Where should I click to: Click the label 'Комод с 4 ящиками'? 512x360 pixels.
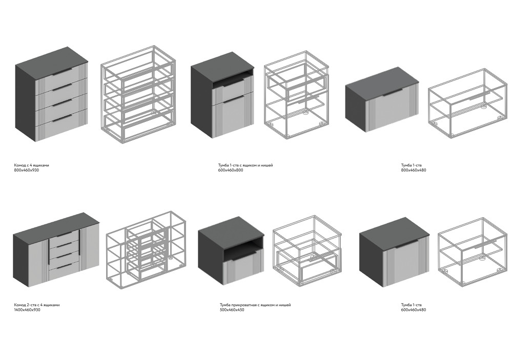coord(31,165)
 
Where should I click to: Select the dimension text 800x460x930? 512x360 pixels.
coord(27,170)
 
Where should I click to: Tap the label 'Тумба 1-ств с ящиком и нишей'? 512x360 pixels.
coord(245,165)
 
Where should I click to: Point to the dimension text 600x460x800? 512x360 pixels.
coord(231,170)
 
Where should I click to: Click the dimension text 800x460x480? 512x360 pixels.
coord(414,170)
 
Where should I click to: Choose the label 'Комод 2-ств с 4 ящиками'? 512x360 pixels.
coord(37,305)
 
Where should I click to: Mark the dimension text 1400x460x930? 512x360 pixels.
coord(27,310)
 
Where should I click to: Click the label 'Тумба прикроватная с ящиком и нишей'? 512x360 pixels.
coord(255,305)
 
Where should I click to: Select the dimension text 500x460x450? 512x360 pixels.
coord(232,310)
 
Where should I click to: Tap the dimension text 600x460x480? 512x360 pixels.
coord(414,310)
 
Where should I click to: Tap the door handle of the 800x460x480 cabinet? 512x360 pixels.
coord(393,93)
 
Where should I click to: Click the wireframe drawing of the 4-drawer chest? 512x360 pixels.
coord(138,93)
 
